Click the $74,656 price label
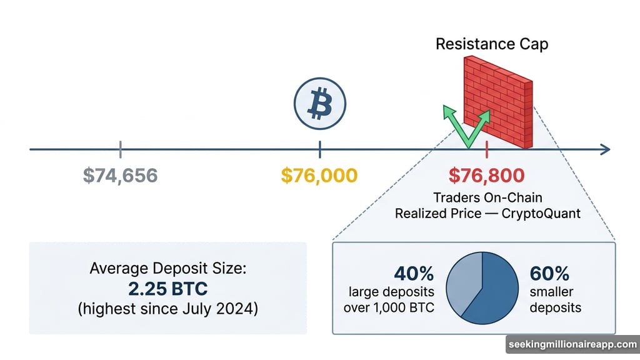pos(120,176)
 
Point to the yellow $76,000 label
pos(319,176)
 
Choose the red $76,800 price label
pos(486,176)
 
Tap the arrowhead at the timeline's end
pos(604,149)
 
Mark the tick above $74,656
pos(120,149)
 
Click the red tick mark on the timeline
pos(486,149)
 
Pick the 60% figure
pos(549,274)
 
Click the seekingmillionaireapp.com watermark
pos(571,344)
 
